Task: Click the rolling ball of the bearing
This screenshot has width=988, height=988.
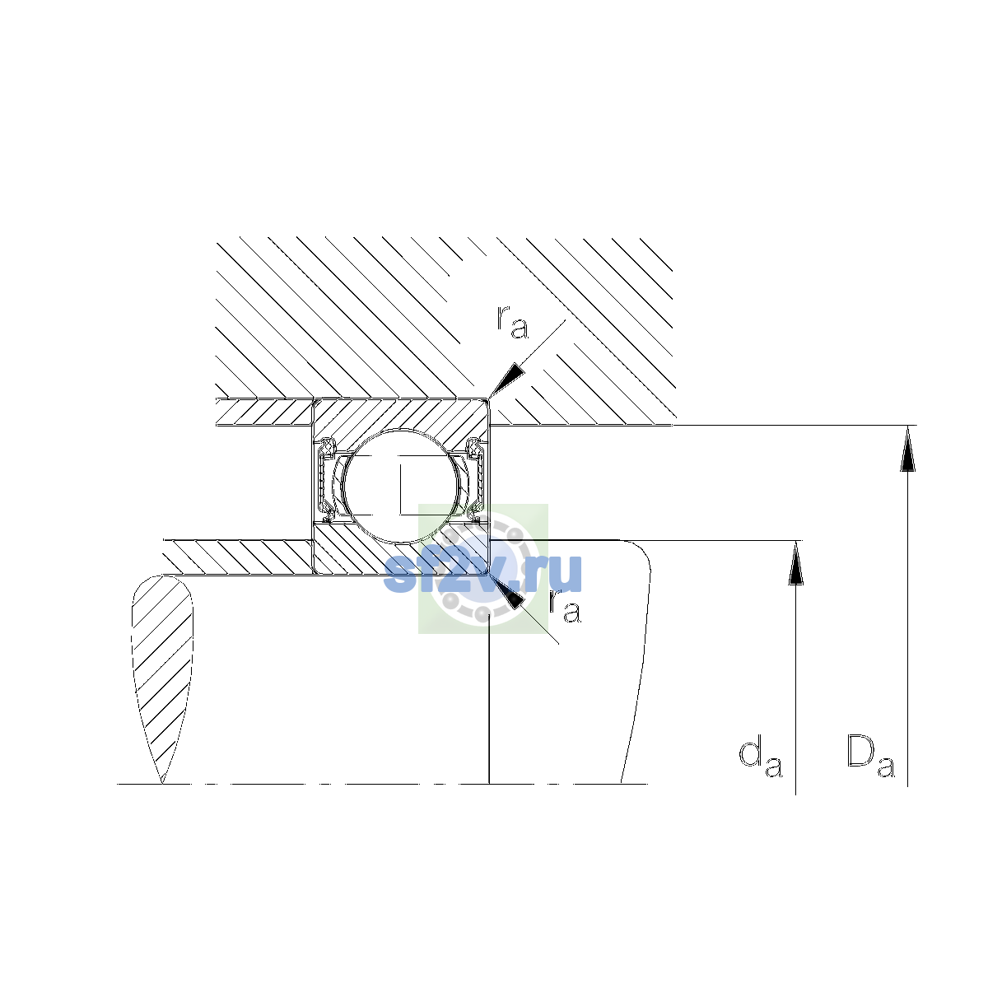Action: [x=402, y=486]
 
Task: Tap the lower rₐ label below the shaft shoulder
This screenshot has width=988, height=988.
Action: [x=565, y=607]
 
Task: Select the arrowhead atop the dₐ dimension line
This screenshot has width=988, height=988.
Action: [x=795, y=563]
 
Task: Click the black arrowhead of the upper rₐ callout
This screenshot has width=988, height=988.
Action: [x=507, y=380]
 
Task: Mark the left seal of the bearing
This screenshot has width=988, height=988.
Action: [x=326, y=479]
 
